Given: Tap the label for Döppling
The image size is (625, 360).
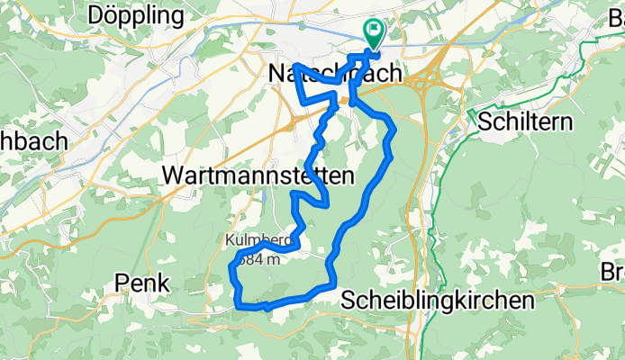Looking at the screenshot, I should (135, 15).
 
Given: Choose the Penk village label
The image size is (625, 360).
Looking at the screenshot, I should (142, 283).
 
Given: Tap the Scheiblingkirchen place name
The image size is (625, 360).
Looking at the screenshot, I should (437, 300).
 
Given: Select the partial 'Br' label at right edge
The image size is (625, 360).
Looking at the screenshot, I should (613, 270).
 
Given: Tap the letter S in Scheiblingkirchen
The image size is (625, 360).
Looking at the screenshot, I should (349, 300).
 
